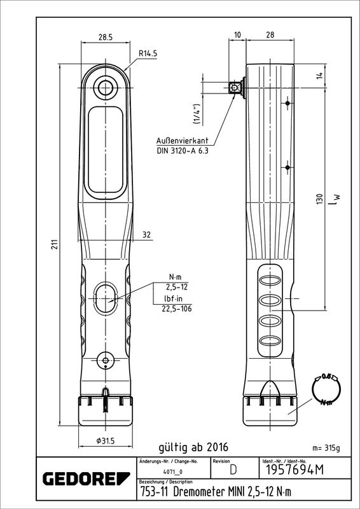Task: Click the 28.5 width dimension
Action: tap(105, 38)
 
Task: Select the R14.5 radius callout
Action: tap(148, 53)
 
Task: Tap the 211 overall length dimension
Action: tap(55, 244)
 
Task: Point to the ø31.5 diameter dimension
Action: tap(105, 440)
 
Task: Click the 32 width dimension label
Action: tap(147, 235)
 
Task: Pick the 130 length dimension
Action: tap(320, 199)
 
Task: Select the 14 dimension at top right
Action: tap(320, 76)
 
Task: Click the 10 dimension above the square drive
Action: tap(238, 36)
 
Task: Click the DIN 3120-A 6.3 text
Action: tap(182, 150)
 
